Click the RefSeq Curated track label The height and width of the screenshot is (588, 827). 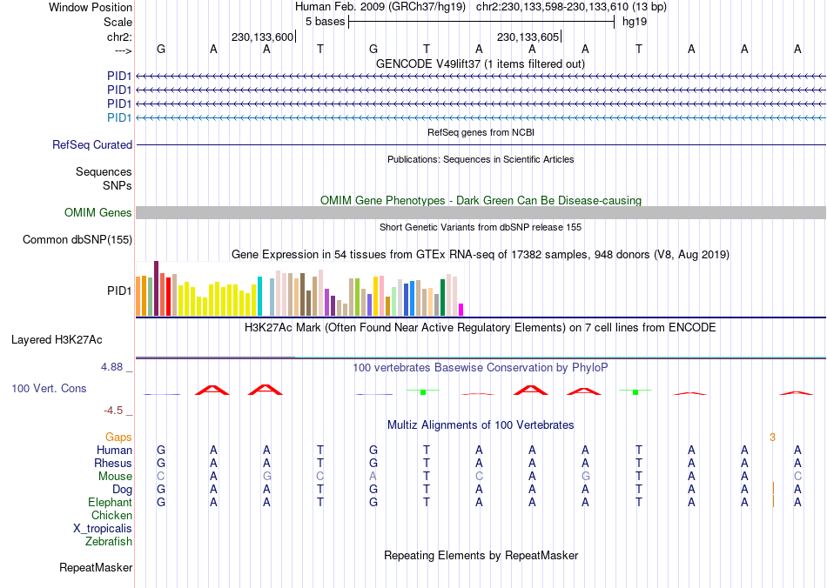(x=92, y=145)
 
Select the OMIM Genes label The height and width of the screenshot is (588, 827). (x=98, y=213)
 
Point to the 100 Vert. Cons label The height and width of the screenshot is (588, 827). (x=49, y=389)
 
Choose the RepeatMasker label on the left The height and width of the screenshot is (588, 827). (x=96, y=568)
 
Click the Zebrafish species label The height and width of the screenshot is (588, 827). (x=109, y=542)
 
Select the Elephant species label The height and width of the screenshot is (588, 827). (x=110, y=503)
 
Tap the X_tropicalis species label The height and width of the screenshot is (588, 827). (x=103, y=529)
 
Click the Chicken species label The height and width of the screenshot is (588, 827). (x=111, y=516)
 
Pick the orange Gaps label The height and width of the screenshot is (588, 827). (x=119, y=437)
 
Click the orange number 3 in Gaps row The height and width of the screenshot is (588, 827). (x=772, y=437)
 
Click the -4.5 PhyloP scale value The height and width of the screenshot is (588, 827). (x=115, y=411)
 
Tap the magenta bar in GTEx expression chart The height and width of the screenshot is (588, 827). (x=461, y=309)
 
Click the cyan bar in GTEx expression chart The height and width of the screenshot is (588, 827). (x=260, y=296)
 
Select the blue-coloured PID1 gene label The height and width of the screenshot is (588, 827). (x=119, y=117)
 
